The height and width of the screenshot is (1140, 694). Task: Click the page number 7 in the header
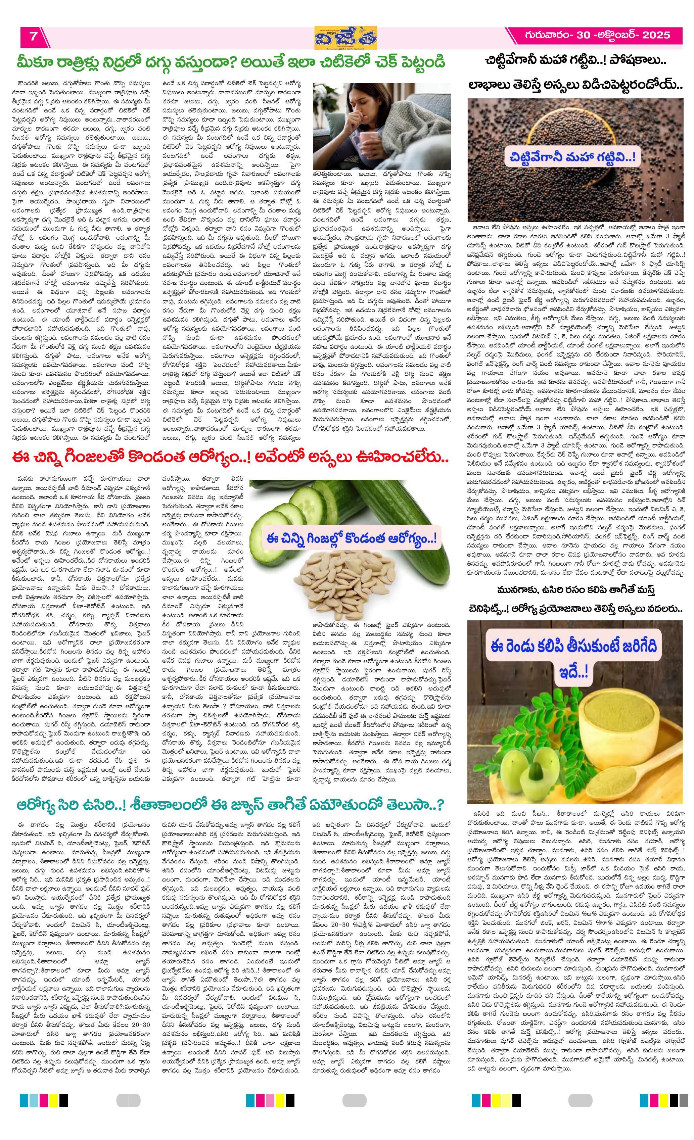(33, 37)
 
